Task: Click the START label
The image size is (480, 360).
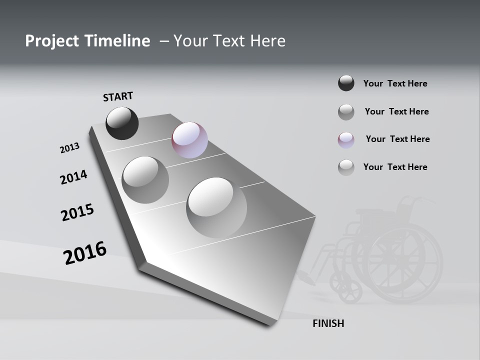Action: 118,96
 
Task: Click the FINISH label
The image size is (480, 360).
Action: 328,323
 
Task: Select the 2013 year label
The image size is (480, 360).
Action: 69,148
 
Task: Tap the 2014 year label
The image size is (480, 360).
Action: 73,177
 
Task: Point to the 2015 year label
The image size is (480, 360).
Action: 77,212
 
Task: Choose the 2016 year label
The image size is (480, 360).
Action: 85,253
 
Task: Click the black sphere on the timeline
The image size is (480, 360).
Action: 122,123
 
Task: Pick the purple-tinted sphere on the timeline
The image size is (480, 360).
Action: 189,140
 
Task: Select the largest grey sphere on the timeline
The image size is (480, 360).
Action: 216,207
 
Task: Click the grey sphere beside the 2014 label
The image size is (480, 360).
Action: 145,179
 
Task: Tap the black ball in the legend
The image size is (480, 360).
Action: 346,83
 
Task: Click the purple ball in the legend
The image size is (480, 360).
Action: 346,139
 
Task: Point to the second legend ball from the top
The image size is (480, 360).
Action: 346,112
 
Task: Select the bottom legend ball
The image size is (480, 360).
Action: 346,167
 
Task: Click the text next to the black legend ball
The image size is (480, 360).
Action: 395,83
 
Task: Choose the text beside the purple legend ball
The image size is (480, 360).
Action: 397,139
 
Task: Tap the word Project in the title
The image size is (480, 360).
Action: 52,41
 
